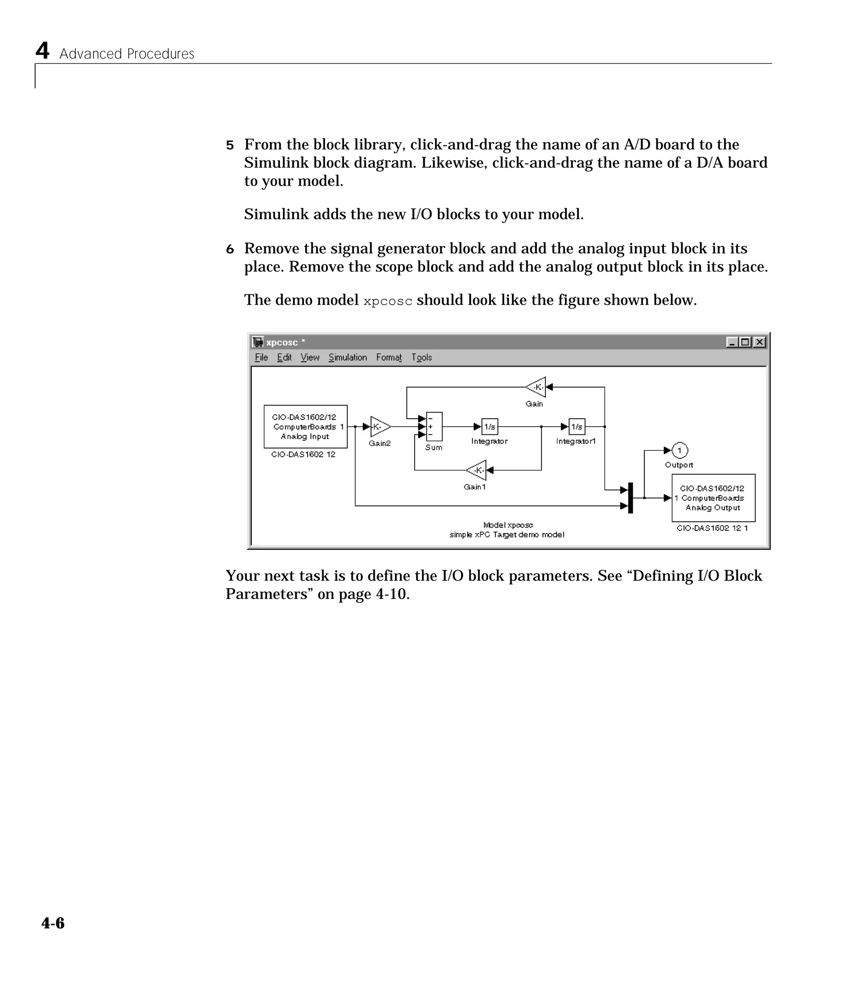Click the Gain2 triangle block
[379, 427]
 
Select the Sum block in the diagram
[434, 427]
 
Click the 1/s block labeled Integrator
[490, 427]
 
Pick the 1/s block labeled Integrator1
[577, 427]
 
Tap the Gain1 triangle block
[477, 470]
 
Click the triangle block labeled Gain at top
[536, 387]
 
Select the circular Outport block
[680, 450]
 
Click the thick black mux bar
[631, 498]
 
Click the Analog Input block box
[305, 427]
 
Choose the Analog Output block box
[713, 498]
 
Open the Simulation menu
[347, 357]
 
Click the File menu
[261, 357]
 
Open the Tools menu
[421, 357]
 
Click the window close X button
[760, 342]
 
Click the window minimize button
[732, 342]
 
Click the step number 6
[230, 249]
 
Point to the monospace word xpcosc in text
[388, 301]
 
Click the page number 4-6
[53, 923]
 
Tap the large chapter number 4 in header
[42, 50]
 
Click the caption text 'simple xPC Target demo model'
[507, 534]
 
